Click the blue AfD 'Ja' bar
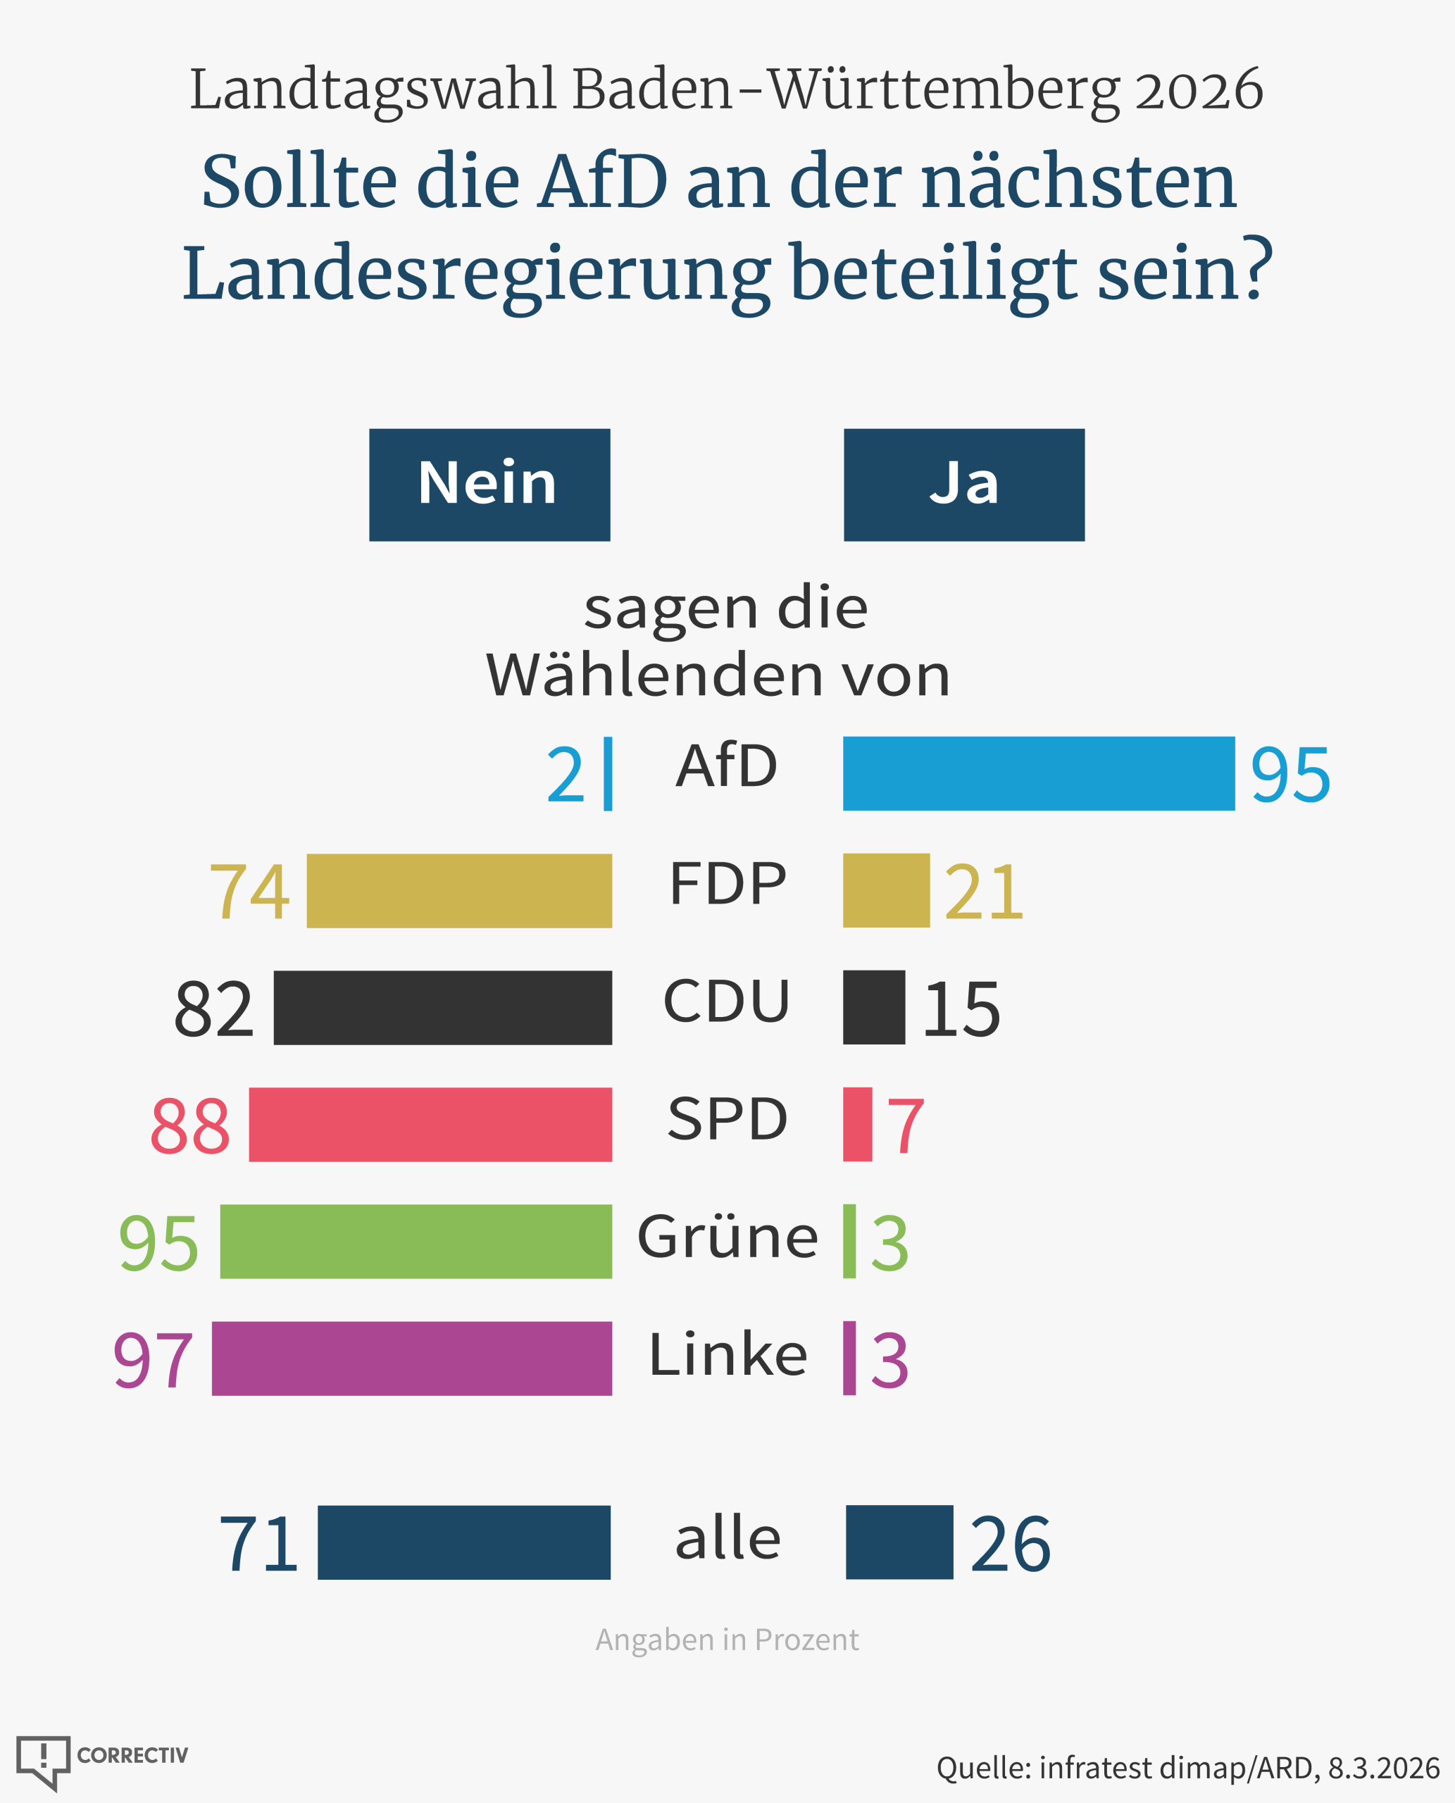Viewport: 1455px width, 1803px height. click(1039, 774)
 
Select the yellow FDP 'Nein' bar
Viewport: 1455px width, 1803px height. click(459, 891)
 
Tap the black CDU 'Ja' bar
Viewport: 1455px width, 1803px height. click(874, 1008)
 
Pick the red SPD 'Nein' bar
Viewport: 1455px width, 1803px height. click(430, 1125)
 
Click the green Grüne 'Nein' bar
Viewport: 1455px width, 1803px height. click(416, 1242)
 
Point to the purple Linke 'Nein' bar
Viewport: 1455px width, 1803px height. click(411, 1359)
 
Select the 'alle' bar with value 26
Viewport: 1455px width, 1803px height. click(899, 1542)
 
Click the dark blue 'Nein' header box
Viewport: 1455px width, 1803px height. click(489, 485)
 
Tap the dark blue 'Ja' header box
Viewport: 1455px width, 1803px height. click(964, 485)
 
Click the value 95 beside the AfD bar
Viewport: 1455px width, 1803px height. click(1290, 776)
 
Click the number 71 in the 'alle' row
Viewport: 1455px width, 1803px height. click(258, 1544)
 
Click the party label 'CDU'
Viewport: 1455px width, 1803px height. click(727, 1002)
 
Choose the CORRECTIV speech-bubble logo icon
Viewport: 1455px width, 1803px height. click(44, 1761)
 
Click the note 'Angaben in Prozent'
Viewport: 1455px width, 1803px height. click(727, 1640)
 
